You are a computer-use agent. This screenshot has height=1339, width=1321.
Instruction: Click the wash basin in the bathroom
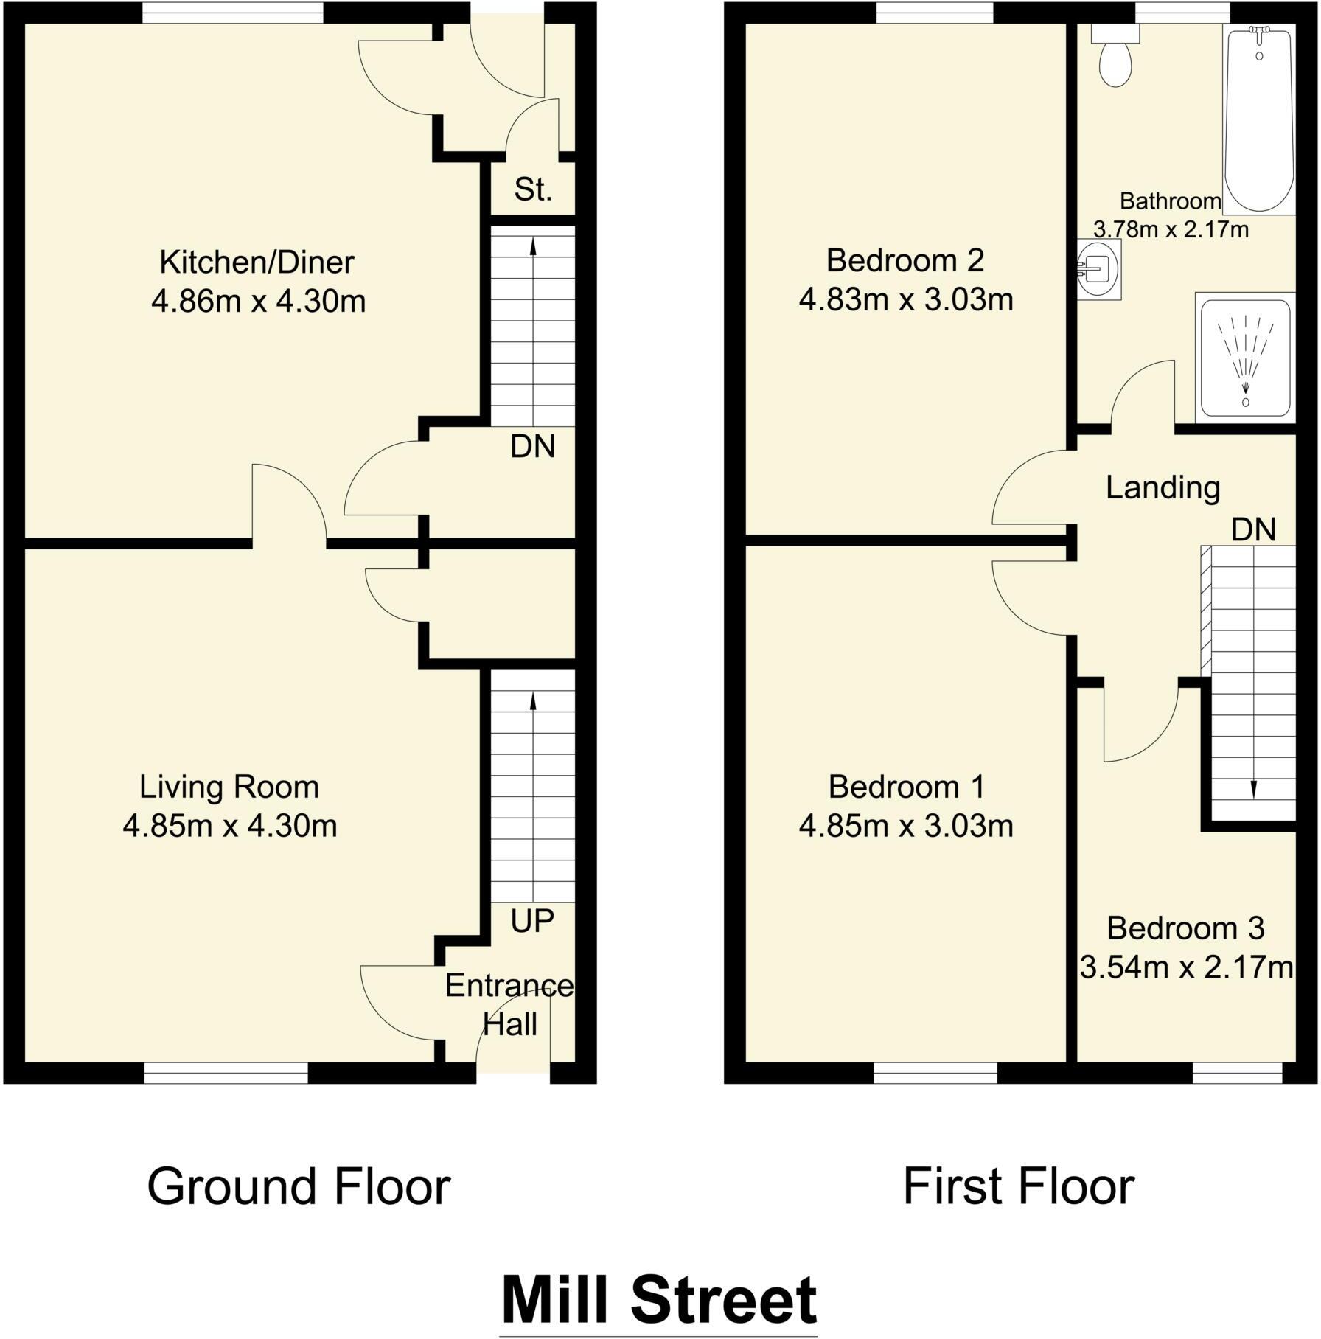click(x=1098, y=269)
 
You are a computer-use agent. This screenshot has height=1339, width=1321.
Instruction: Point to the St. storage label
click(x=533, y=190)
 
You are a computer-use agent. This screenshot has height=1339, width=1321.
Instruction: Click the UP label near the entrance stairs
click(x=531, y=921)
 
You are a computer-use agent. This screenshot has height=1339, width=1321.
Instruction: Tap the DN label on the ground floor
click(x=532, y=447)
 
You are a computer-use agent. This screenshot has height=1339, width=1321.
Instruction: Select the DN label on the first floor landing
click(x=1253, y=530)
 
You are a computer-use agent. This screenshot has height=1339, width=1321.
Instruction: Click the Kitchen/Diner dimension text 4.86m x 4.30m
click(x=258, y=302)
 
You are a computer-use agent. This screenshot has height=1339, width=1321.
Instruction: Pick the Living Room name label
click(x=229, y=787)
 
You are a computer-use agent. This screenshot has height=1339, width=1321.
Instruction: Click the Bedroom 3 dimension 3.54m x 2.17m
click(x=1185, y=967)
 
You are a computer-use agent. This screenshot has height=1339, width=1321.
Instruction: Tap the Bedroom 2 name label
click(x=905, y=261)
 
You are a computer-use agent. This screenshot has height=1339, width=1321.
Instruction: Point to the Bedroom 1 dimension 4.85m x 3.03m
click(x=906, y=826)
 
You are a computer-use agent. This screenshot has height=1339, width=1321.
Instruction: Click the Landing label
click(x=1163, y=488)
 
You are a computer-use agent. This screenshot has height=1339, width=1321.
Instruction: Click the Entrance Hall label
click(x=509, y=1005)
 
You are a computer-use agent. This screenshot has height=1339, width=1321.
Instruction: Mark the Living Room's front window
click(x=226, y=1074)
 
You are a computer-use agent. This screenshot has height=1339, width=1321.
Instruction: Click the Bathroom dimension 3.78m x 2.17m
click(x=1171, y=230)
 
